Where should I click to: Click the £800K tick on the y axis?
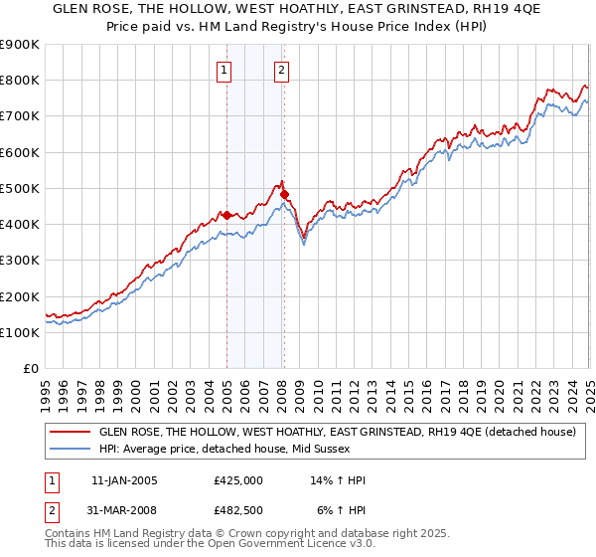(21, 81)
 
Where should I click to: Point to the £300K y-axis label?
(21, 261)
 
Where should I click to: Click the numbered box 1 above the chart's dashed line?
(225, 70)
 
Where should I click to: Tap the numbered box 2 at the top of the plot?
(282, 70)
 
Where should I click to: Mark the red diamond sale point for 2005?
(226, 215)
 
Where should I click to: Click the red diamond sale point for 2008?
(284, 194)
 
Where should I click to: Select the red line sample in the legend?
(70, 433)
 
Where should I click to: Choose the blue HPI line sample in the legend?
(70, 450)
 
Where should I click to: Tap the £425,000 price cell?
(237, 480)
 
